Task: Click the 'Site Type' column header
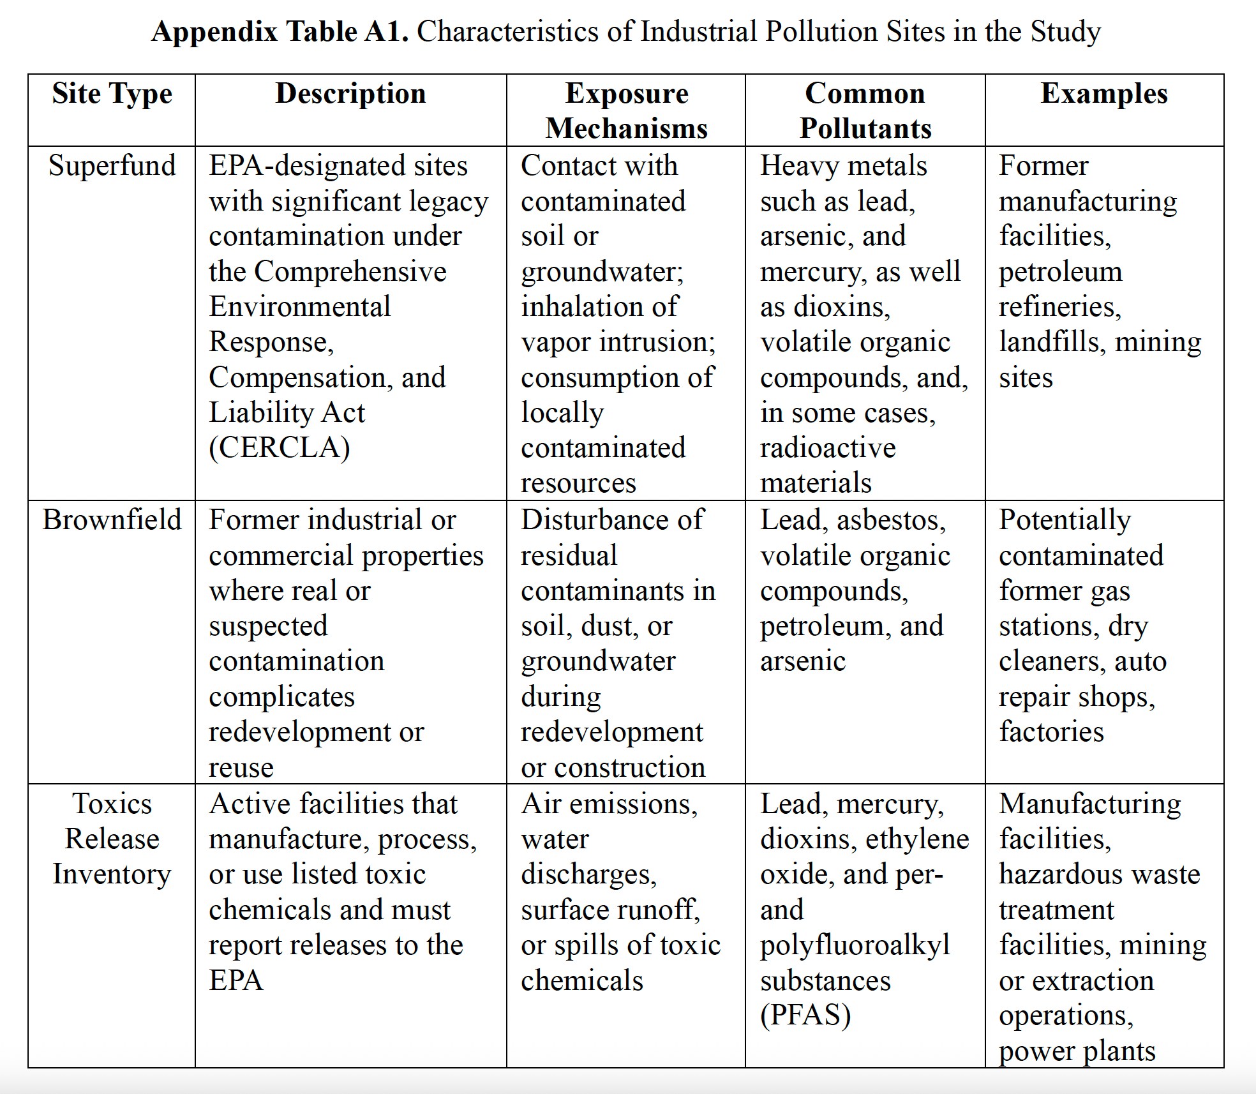(x=112, y=94)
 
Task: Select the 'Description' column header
(x=350, y=94)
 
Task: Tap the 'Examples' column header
(x=1104, y=94)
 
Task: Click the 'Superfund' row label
(x=112, y=166)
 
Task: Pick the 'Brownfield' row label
(x=112, y=520)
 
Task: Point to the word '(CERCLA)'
(x=280, y=448)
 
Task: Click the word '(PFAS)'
(x=805, y=1015)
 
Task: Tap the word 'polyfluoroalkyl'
(x=855, y=945)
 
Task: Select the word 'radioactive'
(x=828, y=448)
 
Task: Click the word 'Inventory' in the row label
(x=112, y=874)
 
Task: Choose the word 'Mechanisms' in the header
(x=626, y=129)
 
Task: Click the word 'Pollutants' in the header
(x=865, y=129)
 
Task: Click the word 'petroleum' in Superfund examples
(x=1060, y=272)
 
